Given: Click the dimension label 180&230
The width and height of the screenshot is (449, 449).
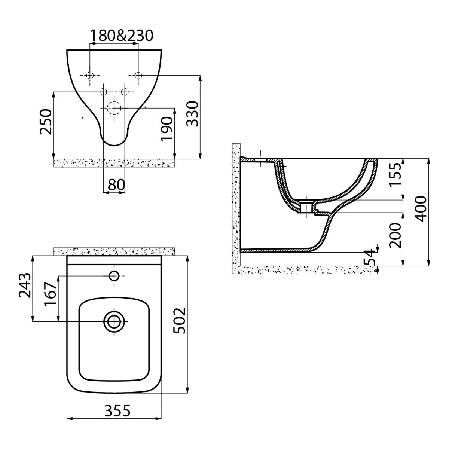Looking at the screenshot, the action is point(121,36).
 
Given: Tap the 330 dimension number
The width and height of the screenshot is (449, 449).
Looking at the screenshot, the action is point(192,113).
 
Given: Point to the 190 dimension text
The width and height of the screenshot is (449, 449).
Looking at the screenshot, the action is point(167,129).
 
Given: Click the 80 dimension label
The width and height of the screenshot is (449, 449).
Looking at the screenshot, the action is point(116,185).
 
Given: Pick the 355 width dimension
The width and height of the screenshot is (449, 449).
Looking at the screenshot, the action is point(117,410).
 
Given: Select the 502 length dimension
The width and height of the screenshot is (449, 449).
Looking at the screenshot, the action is point(180,321).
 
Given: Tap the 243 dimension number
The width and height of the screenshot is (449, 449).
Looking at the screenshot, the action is point(25,285).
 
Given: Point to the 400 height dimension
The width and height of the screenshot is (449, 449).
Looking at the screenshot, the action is point(421,209).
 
